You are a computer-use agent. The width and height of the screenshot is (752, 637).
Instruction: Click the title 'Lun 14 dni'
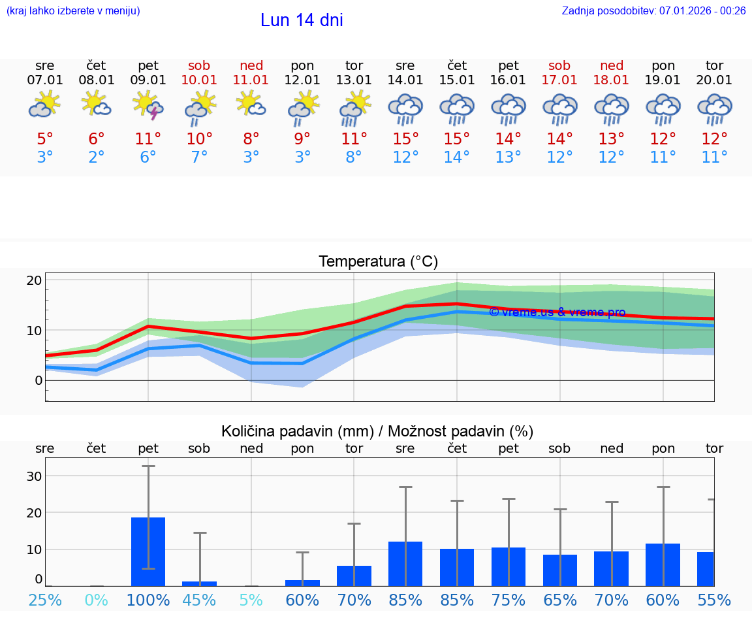pos(302,20)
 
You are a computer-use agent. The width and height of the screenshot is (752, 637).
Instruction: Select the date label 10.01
pos(200,80)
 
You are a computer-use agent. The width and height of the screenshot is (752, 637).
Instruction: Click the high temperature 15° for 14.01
pos(405,139)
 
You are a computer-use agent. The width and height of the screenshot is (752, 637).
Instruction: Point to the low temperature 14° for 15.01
pos(457,157)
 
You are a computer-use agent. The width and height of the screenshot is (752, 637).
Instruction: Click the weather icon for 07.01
pos(44,105)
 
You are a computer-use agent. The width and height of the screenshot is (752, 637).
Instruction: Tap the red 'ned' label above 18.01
pos(612,65)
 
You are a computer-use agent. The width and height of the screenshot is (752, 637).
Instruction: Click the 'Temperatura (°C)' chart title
pos(378,261)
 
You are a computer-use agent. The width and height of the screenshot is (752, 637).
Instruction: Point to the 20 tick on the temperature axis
pos(35,280)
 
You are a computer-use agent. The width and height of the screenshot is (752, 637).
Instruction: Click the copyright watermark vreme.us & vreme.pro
pos(557,312)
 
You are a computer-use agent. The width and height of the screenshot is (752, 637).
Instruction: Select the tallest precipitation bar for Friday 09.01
pos(148,551)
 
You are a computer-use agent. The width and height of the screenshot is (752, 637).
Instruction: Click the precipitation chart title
pos(377,431)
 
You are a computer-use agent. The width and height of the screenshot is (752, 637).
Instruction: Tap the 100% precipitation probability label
pos(148,600)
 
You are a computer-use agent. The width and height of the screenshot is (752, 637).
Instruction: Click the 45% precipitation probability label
pos(200,600)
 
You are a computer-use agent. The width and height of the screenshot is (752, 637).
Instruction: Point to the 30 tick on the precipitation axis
pos(34,476)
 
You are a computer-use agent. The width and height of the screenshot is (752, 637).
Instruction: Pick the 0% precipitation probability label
pos(97,600)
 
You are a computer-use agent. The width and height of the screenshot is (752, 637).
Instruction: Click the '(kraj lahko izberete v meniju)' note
pos(73,10)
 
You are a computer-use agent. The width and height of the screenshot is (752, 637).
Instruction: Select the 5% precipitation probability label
pos(251,600)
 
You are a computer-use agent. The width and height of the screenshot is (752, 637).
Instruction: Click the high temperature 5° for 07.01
pos(44,139)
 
